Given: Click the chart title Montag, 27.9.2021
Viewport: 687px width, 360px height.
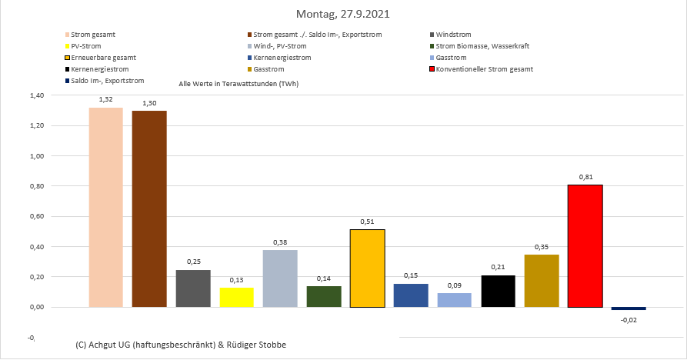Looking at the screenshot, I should pyautogui.click(x=343, y=14).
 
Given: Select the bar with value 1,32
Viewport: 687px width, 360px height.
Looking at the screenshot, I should pyautogui.click(x=106, y=207).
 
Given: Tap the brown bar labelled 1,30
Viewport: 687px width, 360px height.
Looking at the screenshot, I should pyautogui.click(x=149, y=208).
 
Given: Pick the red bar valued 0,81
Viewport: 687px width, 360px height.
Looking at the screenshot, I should pyautogui.click(x=585, y=246).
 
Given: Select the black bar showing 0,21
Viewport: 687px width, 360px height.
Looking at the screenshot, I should pyautogui.click(x=498, y=291).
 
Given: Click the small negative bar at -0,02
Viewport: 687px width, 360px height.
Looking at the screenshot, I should pyautogui.click(x=629, y=308).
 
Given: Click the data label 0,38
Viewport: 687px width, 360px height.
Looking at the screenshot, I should pyautogui.click(x=280, y=242).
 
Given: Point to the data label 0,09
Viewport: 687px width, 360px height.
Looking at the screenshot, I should pyautogui.click(x=454, y=285).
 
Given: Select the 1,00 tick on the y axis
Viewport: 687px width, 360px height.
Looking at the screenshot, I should pyautogui.click(x=35, y=156).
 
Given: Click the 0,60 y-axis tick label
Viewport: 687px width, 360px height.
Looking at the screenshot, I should pyautogui.click(x=35, y=216).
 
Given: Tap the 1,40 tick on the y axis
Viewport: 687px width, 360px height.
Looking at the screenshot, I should pyautogui.click(x=35, y=95).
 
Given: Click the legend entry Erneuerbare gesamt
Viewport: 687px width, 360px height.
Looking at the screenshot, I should pyautogui.click(x=103, y=58).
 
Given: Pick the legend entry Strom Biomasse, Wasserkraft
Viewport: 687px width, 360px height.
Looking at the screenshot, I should pyautogui.click(x=482, y=46).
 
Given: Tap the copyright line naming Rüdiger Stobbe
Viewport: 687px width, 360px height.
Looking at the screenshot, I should pyautogui.click(x=181, y=343).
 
